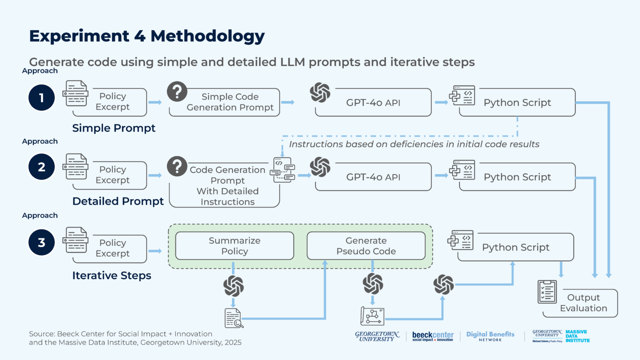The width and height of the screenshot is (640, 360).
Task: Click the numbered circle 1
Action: pos(41,98)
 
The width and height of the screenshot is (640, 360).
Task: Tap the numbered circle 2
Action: pos(41,167)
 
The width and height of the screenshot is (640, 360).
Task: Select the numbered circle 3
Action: pos(41,242)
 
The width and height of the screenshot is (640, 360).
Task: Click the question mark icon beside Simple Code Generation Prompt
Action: pos(177,92)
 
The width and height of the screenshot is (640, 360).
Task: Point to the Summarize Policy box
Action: pos(235,246)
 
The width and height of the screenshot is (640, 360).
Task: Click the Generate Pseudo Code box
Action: pos(366,246)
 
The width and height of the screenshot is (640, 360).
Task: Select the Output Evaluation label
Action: pos(583,303)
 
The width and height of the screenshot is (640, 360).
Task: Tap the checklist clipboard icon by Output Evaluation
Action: pos(547,292)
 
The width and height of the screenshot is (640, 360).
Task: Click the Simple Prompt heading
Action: pos(114,128)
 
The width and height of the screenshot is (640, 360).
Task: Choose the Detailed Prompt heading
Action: pos(118,201)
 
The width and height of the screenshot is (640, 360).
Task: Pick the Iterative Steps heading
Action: pos(112,275)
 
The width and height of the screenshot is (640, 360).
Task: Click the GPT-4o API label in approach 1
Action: pos(373,102)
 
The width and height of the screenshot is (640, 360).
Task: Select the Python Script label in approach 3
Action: pos(516,247)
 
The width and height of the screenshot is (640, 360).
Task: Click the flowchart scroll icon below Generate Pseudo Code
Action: pos(372,316)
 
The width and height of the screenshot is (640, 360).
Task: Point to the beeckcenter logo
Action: pos(433,336)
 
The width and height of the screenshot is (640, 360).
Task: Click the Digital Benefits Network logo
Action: pos(490,336)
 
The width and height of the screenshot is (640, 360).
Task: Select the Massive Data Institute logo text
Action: pos(577,336)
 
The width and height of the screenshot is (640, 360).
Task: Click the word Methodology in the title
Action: pos(208,36)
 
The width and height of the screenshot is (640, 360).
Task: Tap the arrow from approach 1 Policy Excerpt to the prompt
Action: pos(155,102)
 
